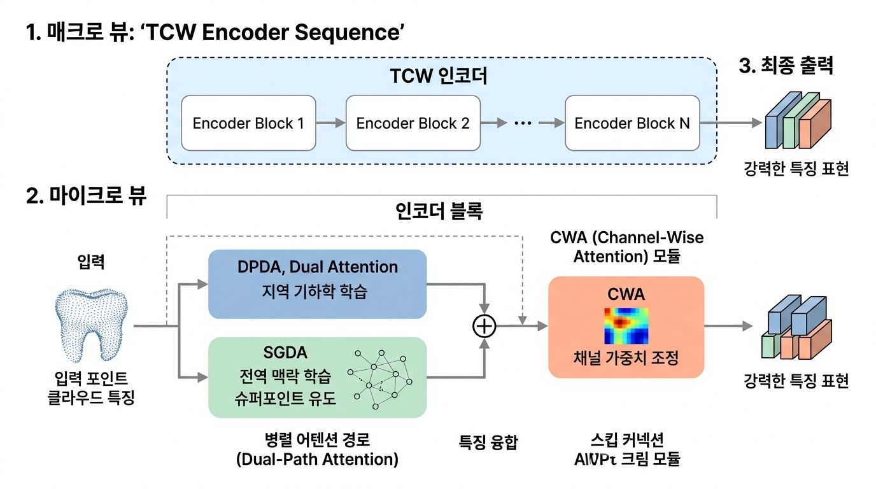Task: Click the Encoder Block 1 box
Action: [x=248, y=123]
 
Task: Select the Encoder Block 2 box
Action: [x=413, y=123]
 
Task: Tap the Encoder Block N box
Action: [x=632, y=123]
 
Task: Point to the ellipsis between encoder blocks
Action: [x=522, y=124]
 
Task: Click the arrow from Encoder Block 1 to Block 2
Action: [x=330, y=124]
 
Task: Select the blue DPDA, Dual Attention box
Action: [x=317, y=283]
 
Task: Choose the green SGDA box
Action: [x=317, y=377]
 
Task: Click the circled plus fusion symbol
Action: [x=484, y=326]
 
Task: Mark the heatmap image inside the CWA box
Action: [x=626, y=325]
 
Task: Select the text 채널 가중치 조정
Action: [x=626, y=358]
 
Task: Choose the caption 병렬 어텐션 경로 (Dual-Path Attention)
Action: [x=316, y=449]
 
